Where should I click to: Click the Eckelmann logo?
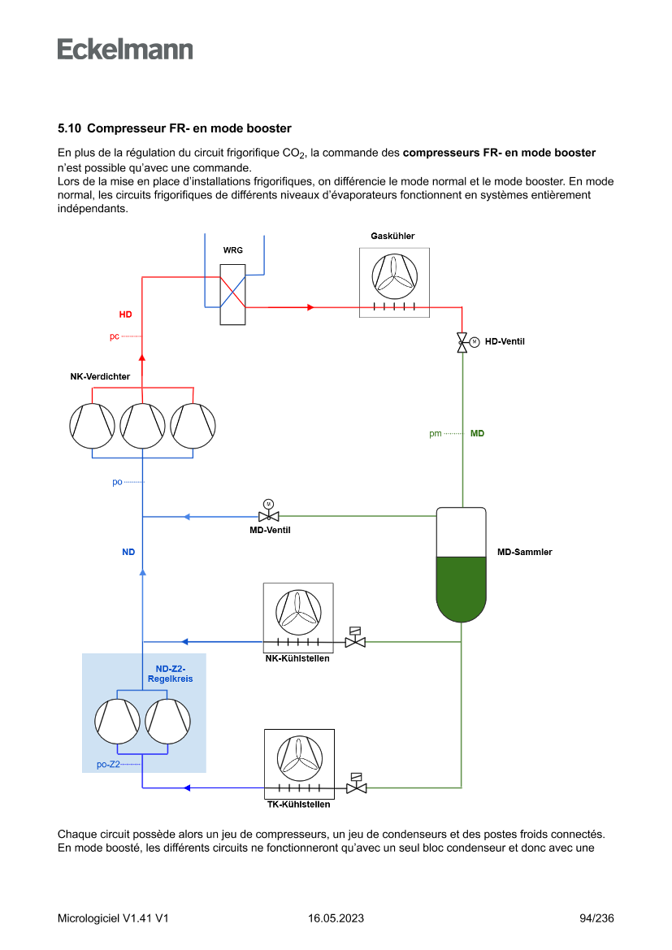click(x=125, y=50)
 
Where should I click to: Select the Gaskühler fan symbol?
click(x=394, y=277)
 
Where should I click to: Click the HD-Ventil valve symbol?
click(x=462, y=341)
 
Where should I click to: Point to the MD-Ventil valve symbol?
click(x=268, y=516)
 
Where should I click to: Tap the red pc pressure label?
click(x=115, y=336)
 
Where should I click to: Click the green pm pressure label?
click(x=436, y=433)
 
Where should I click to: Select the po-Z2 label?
click(x=108, y=764)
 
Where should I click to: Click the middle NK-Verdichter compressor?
click(x=143, y=425)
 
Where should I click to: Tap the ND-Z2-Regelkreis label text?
click(x=171, y=674)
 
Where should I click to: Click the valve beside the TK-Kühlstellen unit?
click(x=356, y=787)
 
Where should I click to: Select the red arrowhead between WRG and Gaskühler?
click(x=310, y=307)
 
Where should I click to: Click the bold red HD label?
click(x=125, y=314)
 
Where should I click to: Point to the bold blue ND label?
click(x=128, y=552)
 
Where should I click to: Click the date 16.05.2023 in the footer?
click(x=336, y=918)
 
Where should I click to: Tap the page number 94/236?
click(x=596, y=918)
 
